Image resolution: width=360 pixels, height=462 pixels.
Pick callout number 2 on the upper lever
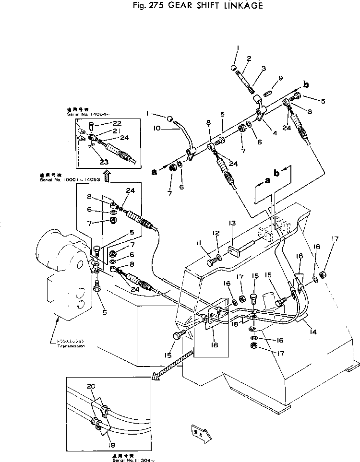click(x=249, y=59)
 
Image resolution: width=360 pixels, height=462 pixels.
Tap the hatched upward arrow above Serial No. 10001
click(x=107, y=175)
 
